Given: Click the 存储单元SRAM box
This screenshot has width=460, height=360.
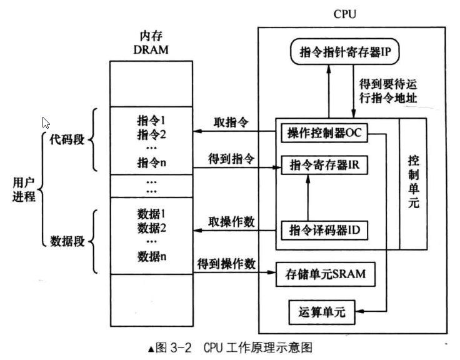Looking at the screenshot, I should pos(326,274).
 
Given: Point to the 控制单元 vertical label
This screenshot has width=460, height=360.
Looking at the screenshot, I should pos(413,181).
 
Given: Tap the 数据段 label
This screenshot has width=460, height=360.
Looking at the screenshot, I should pos(64,241).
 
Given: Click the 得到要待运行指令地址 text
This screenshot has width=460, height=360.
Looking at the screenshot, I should pos(388,91).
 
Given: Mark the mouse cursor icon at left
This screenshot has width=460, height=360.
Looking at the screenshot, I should pos(46,124).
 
